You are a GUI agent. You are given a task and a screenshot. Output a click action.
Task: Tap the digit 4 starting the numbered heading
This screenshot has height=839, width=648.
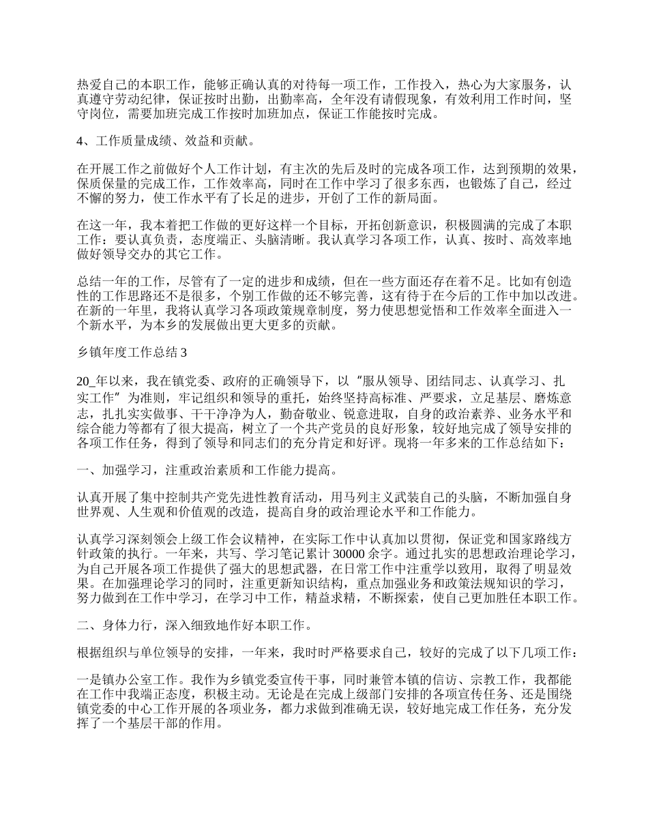pyautogui.click(x=80, y=142)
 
